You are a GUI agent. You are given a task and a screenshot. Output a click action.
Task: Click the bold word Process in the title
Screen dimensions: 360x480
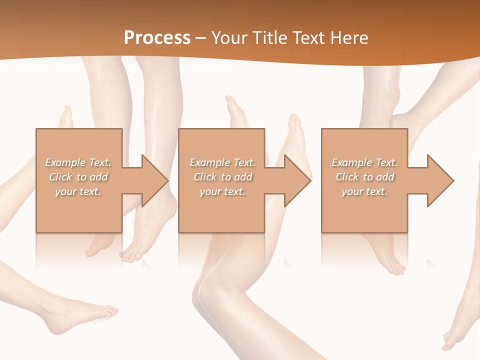pos(157,37)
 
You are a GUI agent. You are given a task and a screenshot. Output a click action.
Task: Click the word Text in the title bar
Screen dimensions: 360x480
pos(308,37)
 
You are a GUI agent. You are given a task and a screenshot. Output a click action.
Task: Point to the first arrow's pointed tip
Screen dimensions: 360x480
pos(168,180)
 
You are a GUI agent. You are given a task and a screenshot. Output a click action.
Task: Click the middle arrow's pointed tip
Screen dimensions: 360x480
pos(310,180)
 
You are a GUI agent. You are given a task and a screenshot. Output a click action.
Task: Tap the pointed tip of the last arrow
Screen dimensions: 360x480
pos(453,180)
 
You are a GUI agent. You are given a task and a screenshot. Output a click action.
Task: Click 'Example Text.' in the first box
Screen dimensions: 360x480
pos(78,162)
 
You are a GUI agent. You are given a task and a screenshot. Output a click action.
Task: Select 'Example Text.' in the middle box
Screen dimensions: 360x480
pos(222,162)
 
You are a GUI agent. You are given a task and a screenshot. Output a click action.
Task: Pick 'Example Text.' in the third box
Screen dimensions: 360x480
pos(364,162)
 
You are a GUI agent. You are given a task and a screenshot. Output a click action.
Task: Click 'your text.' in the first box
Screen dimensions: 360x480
pos(78,191)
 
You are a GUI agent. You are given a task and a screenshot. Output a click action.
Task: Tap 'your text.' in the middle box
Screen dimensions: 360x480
pos(222,191)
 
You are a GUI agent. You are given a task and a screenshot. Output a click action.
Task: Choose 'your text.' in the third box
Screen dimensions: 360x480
pos(364,191)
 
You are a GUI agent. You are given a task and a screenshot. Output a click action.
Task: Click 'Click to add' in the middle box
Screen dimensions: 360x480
pos(222,176)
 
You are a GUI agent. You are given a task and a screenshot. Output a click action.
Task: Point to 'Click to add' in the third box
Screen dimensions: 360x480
pos(365,176)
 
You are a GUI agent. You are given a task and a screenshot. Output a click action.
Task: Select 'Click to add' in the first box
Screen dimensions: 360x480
pos(78,176)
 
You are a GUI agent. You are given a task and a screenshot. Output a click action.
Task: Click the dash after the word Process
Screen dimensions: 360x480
pos(201,38)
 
